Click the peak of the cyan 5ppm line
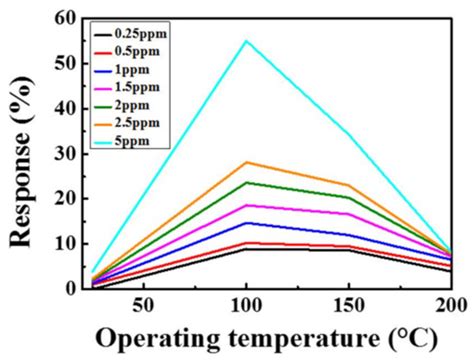tap(246, 41)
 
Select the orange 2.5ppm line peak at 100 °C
tap(246, 162)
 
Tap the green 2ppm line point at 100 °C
tap(246, 182)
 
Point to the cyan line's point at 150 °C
tap(348, 134)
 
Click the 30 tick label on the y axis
tap(66, 153)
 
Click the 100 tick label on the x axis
tap(246, 305)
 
